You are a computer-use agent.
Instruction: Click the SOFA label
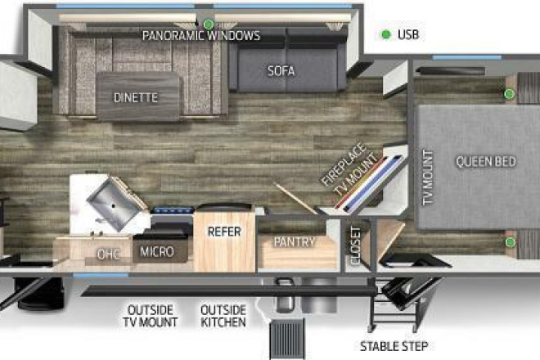(x=281, y=71)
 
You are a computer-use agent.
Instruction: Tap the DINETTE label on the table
(x=136, y=98)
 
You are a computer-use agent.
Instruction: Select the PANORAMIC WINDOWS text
(x=201, y=35)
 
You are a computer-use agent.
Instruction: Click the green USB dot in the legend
(x=386, y=34)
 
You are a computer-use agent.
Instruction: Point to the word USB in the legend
(x=408, y=34)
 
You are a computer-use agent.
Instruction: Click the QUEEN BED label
(x=486, y=161)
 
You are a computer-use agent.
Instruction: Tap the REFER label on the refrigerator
(x=224, y=232)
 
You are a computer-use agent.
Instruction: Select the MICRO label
(x=157, y=252)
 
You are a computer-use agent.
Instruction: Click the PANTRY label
(x=295, y=242)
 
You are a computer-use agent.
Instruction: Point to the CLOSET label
(x=355, y=245)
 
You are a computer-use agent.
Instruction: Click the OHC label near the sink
(x=109, y=254)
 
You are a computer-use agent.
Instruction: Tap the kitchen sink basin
(x=114, y=204)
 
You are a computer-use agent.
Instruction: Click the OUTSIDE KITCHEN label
(x=223, y=316)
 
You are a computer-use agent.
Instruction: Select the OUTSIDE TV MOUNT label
(x=151, y=316)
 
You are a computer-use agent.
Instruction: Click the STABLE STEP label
(x=394, y=346)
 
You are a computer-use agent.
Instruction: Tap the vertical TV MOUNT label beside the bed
(x=428, y=178)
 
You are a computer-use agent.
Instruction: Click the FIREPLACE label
(x=344, y=164)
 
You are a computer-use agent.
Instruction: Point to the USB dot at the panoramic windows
(x=208, y=24)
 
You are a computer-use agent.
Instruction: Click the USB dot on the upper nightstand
(x=510, y=93)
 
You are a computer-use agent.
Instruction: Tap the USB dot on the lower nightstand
(x=510, y=242)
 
